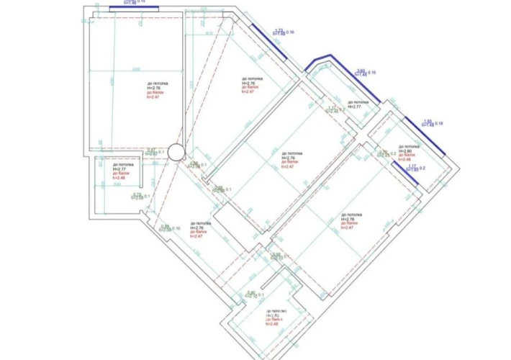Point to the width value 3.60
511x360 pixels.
point(361,70)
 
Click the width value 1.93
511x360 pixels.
point(428,121)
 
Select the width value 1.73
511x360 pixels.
point(279,30)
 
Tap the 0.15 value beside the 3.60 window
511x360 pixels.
point(373,73)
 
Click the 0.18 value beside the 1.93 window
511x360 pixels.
point(440,124)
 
